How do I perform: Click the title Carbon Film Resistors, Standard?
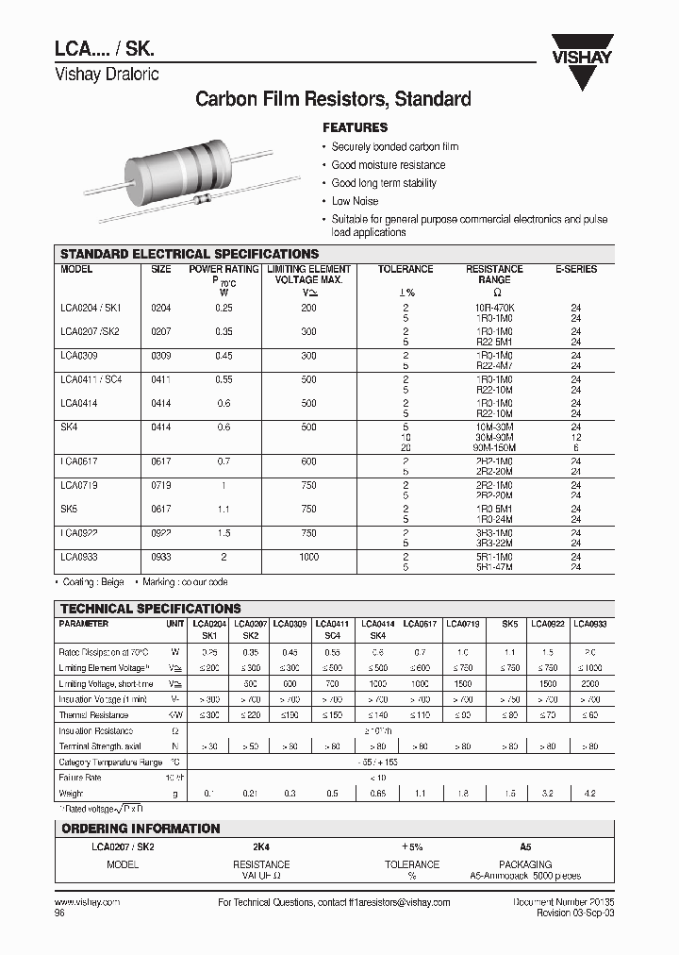[332, 98]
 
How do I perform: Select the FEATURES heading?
[356, 127]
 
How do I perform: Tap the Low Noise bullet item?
[355, 201]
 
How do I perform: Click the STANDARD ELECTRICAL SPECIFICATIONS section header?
[190, 254]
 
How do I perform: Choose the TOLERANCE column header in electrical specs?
[406, 269]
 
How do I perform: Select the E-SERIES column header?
[575, 269]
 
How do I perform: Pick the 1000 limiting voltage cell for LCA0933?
[308, 557]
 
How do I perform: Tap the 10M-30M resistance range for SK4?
[494, 427]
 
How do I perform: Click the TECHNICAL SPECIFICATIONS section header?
[151, 609]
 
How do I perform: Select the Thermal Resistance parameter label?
[94, 714]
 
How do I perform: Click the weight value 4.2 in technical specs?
[590, 794]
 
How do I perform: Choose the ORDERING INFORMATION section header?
[141, 829]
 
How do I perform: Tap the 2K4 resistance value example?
[261, 847]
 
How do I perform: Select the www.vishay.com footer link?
[81, 903]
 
